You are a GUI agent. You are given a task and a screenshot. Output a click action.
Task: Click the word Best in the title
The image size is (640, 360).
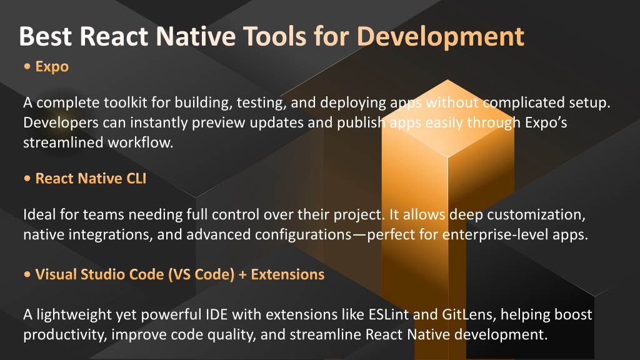pyautogui.click(x=45, y=36)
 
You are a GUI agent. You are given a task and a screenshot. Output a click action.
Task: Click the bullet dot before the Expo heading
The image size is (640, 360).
pyautogui.click(x=27, y=66)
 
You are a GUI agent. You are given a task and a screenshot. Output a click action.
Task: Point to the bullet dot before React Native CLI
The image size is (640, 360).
pyautogui.click(x=27, y=178)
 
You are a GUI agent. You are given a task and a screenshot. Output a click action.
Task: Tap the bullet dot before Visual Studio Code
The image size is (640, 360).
pyautogui.click(x=27, y=274)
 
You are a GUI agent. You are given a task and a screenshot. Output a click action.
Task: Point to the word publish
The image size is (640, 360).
pyautogui.click(x=361, y=123)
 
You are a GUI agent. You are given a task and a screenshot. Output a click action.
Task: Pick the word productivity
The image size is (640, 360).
pyautogui.click(x=65, y=335)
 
